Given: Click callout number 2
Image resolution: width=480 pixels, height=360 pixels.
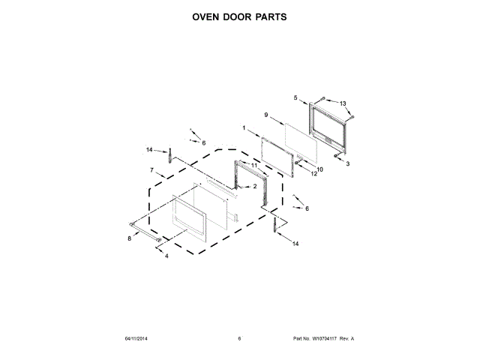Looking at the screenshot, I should [x=255, y=186].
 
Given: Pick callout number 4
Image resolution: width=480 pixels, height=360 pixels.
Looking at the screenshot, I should [x=166, y=256].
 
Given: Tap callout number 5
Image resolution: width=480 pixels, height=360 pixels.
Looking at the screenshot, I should [x=295, y=97].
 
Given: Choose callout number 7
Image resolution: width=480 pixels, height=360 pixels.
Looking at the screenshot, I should [x=152, y=170].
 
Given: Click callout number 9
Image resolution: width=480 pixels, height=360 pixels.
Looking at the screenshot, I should [x=265, y=115].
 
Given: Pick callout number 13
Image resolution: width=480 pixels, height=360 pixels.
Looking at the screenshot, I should [x=343, y=103].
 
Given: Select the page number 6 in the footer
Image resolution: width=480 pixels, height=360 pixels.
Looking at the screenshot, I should [x=239, y=338].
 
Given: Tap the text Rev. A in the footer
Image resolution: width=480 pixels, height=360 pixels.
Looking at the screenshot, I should [x=346, y=338].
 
